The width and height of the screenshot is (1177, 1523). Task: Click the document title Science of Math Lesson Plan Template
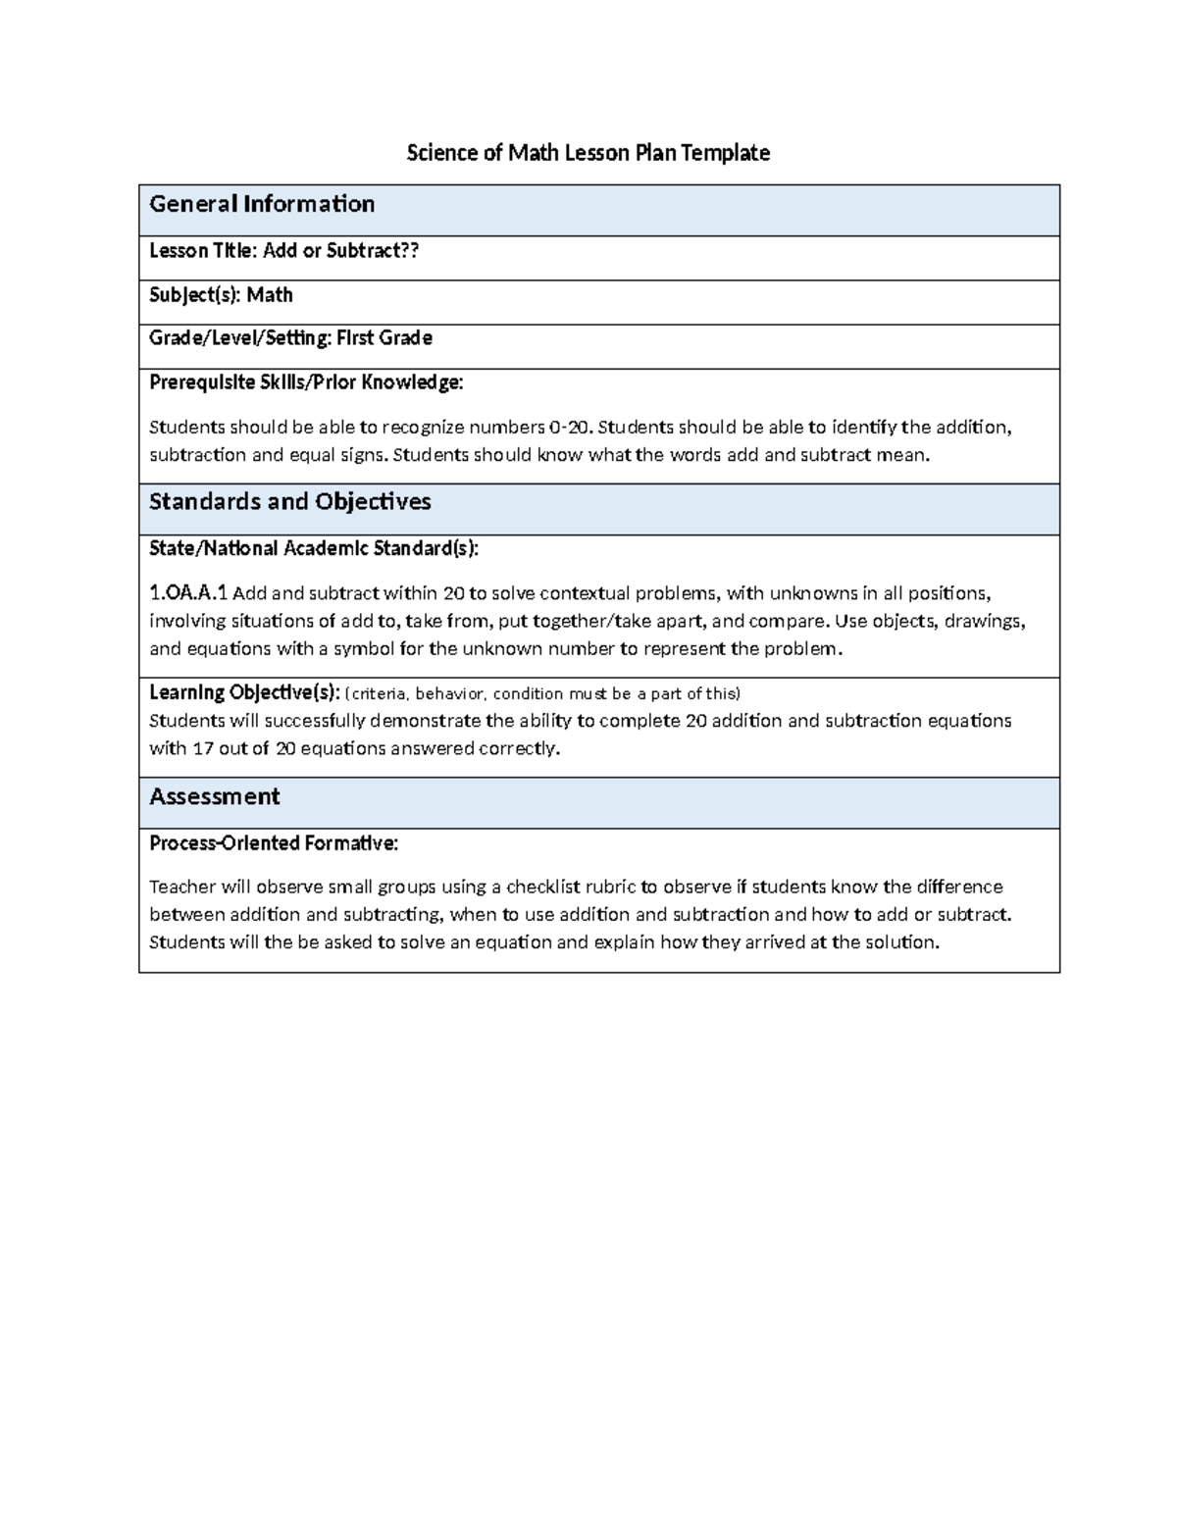(588, 153)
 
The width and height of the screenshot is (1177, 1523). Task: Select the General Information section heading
(262, 204)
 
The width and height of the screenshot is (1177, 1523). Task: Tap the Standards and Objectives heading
(289, 502)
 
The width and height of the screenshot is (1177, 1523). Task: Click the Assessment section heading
(214, 796)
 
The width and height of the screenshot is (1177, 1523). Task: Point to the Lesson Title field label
(202, 251)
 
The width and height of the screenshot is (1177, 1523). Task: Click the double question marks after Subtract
(410, 251)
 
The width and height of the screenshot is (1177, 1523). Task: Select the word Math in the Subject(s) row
(270, 295)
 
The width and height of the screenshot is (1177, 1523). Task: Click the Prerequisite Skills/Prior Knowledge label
(306, 382)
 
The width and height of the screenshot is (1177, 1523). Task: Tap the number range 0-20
(570, 428)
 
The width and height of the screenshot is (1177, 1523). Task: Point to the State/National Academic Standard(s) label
(314, 548)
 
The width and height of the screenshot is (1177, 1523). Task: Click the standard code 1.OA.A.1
(188, 593)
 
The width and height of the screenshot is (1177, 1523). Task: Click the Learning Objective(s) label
(244, 692)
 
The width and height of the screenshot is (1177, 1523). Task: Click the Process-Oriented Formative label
(274, 843)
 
